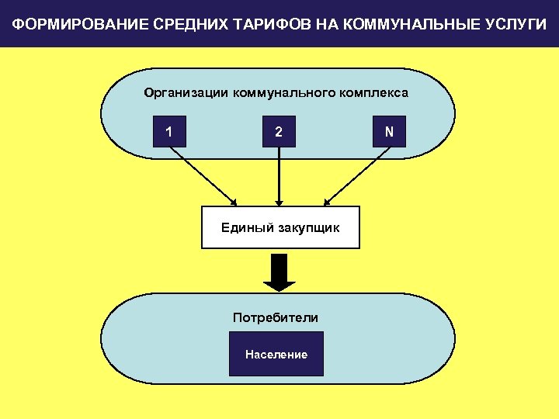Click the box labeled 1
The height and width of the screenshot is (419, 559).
(x=169, y=133)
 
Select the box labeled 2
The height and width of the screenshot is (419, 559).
(x=279, y=133)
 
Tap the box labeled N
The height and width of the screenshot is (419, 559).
(x=389, y=133)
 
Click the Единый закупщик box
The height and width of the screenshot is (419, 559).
(x=280, y=227)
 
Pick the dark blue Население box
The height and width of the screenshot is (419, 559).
(x=276, y=355)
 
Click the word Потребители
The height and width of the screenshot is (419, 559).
(x=276, y=317)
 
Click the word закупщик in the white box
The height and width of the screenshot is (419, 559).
(x=309, y=227)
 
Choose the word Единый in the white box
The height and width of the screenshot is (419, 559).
(x=247, y=227)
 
